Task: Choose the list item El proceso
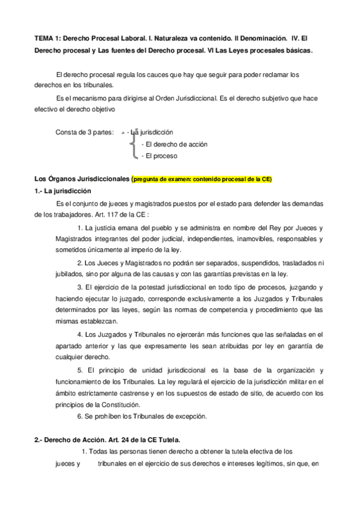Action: point(159,155)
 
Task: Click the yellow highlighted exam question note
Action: point(201,179)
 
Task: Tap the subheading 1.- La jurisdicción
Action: point(63,191)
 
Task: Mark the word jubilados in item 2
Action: point(51,274)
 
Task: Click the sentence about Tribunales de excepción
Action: point(142,416)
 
